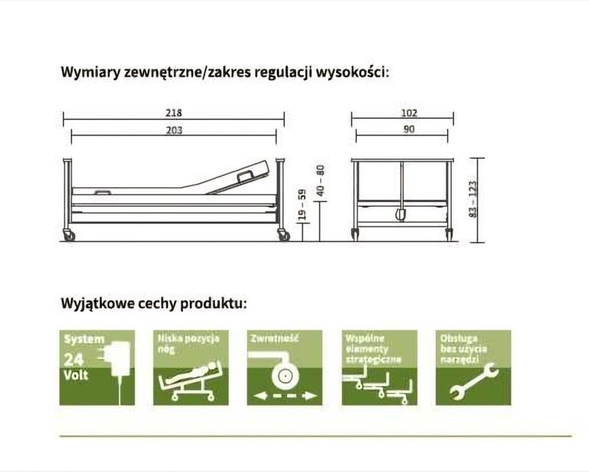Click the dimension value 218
(174, 113)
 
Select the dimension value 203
(174, 130)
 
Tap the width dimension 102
(408, 113)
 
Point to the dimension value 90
(408, 130)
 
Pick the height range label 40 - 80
(321, 181)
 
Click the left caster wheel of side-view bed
(69, 236)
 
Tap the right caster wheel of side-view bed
(283, 236)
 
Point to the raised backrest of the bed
(240, 177)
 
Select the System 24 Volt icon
(97, 367)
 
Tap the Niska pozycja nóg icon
(190, 367)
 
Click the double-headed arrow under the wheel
(283, 395)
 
